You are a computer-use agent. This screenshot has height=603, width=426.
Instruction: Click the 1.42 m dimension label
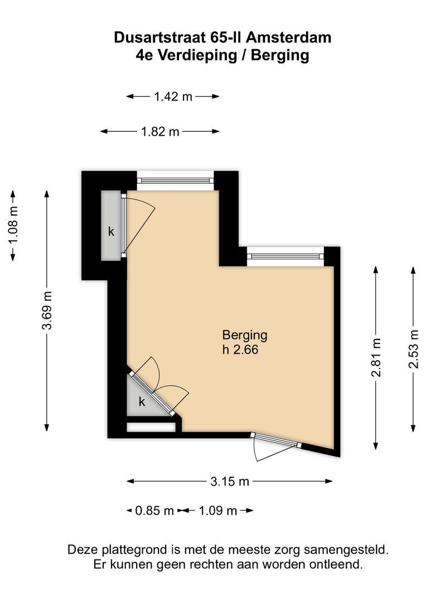point(173,97)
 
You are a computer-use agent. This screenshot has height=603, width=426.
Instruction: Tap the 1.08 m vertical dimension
point(13,224)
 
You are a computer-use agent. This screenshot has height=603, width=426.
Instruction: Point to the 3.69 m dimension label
point(47,310)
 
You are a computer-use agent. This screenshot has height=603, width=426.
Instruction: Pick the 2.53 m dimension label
point(413,349)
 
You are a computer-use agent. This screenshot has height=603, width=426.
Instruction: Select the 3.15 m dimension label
point(230,481)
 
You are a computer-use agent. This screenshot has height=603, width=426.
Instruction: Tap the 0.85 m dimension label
point(154,510)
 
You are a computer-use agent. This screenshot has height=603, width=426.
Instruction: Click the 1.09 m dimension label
point(218,510)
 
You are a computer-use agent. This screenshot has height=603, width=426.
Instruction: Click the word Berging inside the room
point(245,336)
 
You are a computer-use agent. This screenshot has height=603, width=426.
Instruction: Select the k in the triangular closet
point(142,401)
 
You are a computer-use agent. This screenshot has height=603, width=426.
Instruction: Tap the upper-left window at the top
point(175,180)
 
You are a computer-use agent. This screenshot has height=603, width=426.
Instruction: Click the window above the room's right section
point(285,256)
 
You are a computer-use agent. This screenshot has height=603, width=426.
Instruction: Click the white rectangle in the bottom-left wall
point(151,428)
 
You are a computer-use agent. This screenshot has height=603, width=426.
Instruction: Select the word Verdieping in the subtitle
point(204,55)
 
